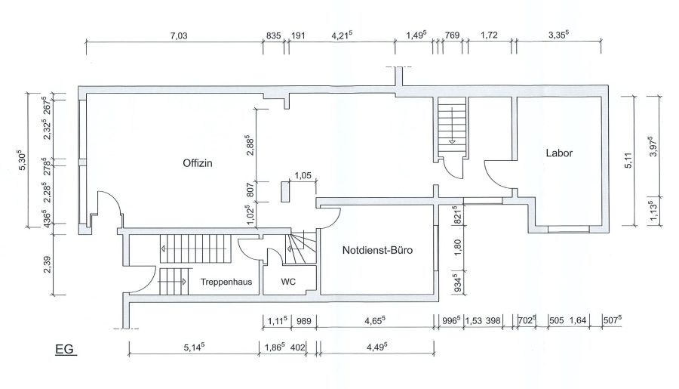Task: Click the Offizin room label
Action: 198,163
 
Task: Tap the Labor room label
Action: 559,153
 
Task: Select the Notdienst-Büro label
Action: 377,250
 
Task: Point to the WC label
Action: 288,282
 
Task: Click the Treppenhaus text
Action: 226,282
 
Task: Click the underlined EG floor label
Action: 65,349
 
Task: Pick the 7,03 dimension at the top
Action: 178,36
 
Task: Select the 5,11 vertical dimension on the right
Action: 628,160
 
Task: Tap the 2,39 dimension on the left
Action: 48,264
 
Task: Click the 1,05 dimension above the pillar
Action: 303,176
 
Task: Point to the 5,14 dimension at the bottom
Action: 194,347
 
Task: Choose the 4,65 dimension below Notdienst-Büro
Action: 374,320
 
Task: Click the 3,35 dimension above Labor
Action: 558,36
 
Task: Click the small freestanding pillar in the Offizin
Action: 285,192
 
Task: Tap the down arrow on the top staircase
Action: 452,140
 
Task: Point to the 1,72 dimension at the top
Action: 489,36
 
